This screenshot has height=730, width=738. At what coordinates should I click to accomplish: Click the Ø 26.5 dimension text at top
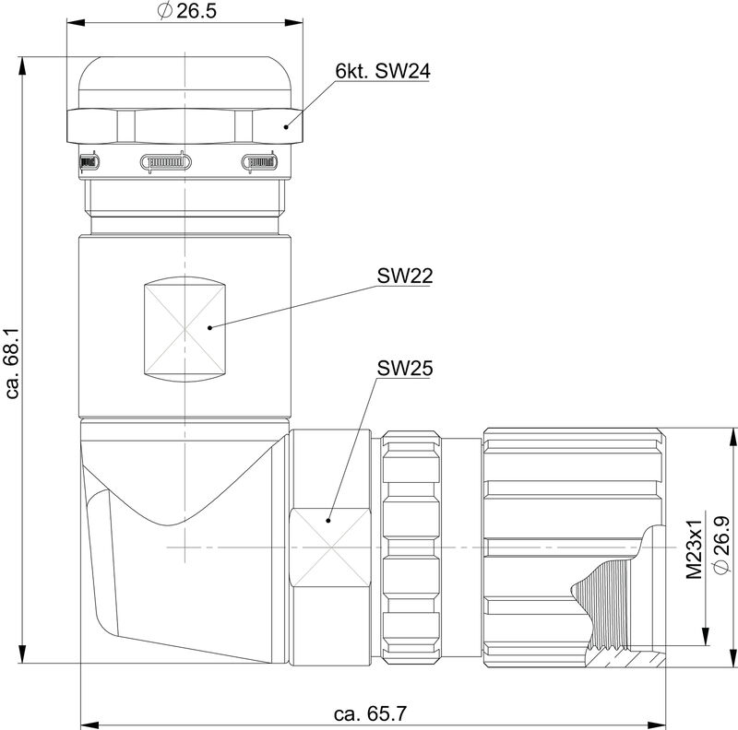pos(185,15)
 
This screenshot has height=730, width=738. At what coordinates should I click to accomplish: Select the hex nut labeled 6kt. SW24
pos(184,126)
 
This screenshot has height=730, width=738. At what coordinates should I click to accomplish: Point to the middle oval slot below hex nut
pos(165,163)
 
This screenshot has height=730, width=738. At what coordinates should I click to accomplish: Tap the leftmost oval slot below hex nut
pos(88,163)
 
